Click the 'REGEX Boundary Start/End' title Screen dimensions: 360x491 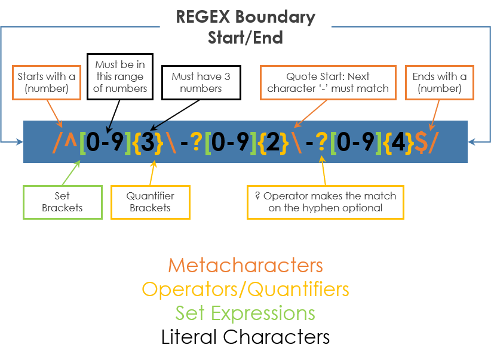point(245,27)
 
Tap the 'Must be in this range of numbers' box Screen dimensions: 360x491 point(120,76)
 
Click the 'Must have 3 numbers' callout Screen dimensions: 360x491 point(201,82)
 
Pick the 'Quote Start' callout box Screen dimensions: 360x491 point(328,82)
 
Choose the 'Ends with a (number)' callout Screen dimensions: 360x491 point(440,82)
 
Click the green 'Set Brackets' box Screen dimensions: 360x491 point(62,202)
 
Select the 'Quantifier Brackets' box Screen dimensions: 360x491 point(150,202)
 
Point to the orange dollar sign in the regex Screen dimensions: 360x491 point(421,143)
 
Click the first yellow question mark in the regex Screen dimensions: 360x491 point(196,143)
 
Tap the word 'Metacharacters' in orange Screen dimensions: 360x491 point(245,266)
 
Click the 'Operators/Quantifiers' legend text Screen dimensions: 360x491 point(245,290)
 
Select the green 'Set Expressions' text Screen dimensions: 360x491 point(245,313)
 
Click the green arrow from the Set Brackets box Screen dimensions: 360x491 point(70,173)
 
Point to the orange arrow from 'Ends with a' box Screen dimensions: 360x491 point(435,113)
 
